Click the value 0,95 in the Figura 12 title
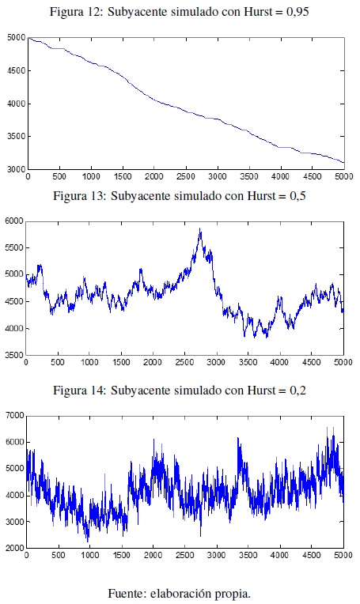click(297, 12)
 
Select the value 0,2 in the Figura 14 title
click(298, 391)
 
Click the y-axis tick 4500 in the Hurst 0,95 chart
click(16, 71)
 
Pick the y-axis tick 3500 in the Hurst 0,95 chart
click(16, 136)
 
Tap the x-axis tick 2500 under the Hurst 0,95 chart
click(186, 176)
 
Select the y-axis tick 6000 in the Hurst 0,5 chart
click(14, 221)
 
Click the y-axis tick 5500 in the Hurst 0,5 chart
click(14, 248)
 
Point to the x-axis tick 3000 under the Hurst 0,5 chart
click(215, 362)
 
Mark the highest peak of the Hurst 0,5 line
click(199, 228)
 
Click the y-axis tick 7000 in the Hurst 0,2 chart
click(15, 415)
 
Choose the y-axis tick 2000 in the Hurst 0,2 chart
click(15, 548)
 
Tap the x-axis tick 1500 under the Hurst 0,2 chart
click(121, 555)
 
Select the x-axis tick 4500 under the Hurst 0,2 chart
click(312, 555)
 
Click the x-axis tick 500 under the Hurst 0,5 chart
click(58, 362)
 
